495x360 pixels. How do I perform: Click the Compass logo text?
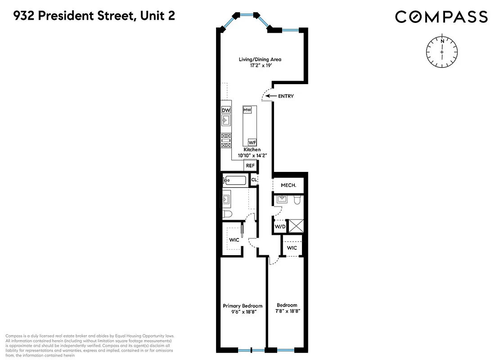point(441,17)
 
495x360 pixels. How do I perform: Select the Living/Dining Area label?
point(262,59)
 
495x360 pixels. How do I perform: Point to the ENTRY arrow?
point(270,96)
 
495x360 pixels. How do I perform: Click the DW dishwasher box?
point(226,110)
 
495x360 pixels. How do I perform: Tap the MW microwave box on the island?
point(247,110)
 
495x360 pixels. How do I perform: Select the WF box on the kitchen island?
point(252,143)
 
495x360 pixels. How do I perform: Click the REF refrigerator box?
point(250,166)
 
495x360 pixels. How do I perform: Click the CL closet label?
point(254,180)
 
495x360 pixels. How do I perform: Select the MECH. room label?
point(288,185)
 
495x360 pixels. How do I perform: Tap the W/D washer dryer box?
point(280,227)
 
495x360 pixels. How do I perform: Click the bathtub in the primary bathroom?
point(235,181)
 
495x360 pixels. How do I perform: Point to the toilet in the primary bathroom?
point(226,214)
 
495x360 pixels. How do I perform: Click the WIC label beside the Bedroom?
point(292,248)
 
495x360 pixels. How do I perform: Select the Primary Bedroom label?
point(243,306)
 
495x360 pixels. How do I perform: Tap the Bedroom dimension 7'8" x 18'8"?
point(287,311)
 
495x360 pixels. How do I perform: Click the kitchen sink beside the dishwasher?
point(226,121)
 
